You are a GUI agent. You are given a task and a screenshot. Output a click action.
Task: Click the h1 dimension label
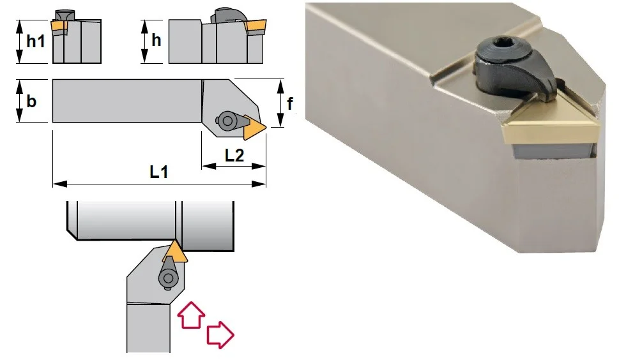[36, 41]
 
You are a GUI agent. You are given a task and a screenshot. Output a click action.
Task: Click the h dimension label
[157, 40]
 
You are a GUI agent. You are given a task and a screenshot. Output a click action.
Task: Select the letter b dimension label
[31, 101]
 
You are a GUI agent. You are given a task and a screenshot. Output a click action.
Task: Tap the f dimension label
[290, 103]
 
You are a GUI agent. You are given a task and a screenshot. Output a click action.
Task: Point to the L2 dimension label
[234, 155]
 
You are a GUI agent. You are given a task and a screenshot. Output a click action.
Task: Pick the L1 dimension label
[159, 172]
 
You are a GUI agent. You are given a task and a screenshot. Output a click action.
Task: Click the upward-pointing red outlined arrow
[191, 315]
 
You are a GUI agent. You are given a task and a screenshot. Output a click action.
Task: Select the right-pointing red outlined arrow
[220, 334]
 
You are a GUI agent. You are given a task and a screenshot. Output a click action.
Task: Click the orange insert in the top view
[253, 127]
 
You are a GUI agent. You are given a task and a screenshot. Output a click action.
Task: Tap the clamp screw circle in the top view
[227, 121]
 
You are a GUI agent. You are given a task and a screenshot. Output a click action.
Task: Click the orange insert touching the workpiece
[175, 252]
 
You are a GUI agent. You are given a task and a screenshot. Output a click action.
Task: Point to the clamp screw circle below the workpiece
[169, 278]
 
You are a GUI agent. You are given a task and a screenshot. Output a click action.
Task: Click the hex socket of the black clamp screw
[501, 47]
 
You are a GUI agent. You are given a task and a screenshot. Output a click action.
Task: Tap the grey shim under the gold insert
[553, 151]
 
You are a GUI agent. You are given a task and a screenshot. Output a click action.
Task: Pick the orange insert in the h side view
[255, 27]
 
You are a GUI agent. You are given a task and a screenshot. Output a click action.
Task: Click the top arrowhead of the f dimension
[280, 86]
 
